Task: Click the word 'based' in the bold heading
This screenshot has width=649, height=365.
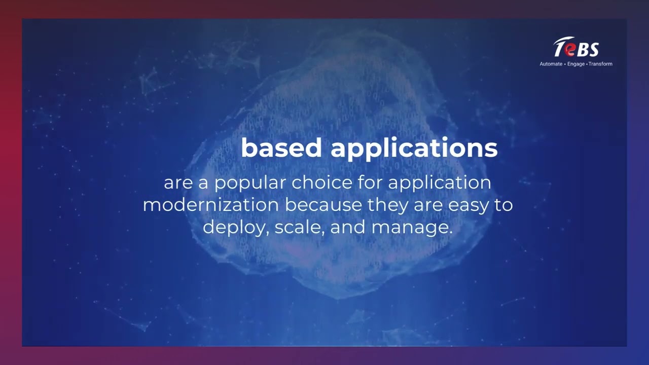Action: (x=281, y=148)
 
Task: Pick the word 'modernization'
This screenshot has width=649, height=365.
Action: (x=210, y=205)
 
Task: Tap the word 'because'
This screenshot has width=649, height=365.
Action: (x=323, y=205)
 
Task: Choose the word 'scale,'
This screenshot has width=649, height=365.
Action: (x=300, y=227)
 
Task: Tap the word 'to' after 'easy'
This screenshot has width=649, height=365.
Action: (x=503, y=205)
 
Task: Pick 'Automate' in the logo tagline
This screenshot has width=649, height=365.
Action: (x=551, y=64)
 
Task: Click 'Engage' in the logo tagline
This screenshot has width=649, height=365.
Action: (x=576, y=64)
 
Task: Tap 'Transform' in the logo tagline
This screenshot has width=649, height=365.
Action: (x=600, y=64)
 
